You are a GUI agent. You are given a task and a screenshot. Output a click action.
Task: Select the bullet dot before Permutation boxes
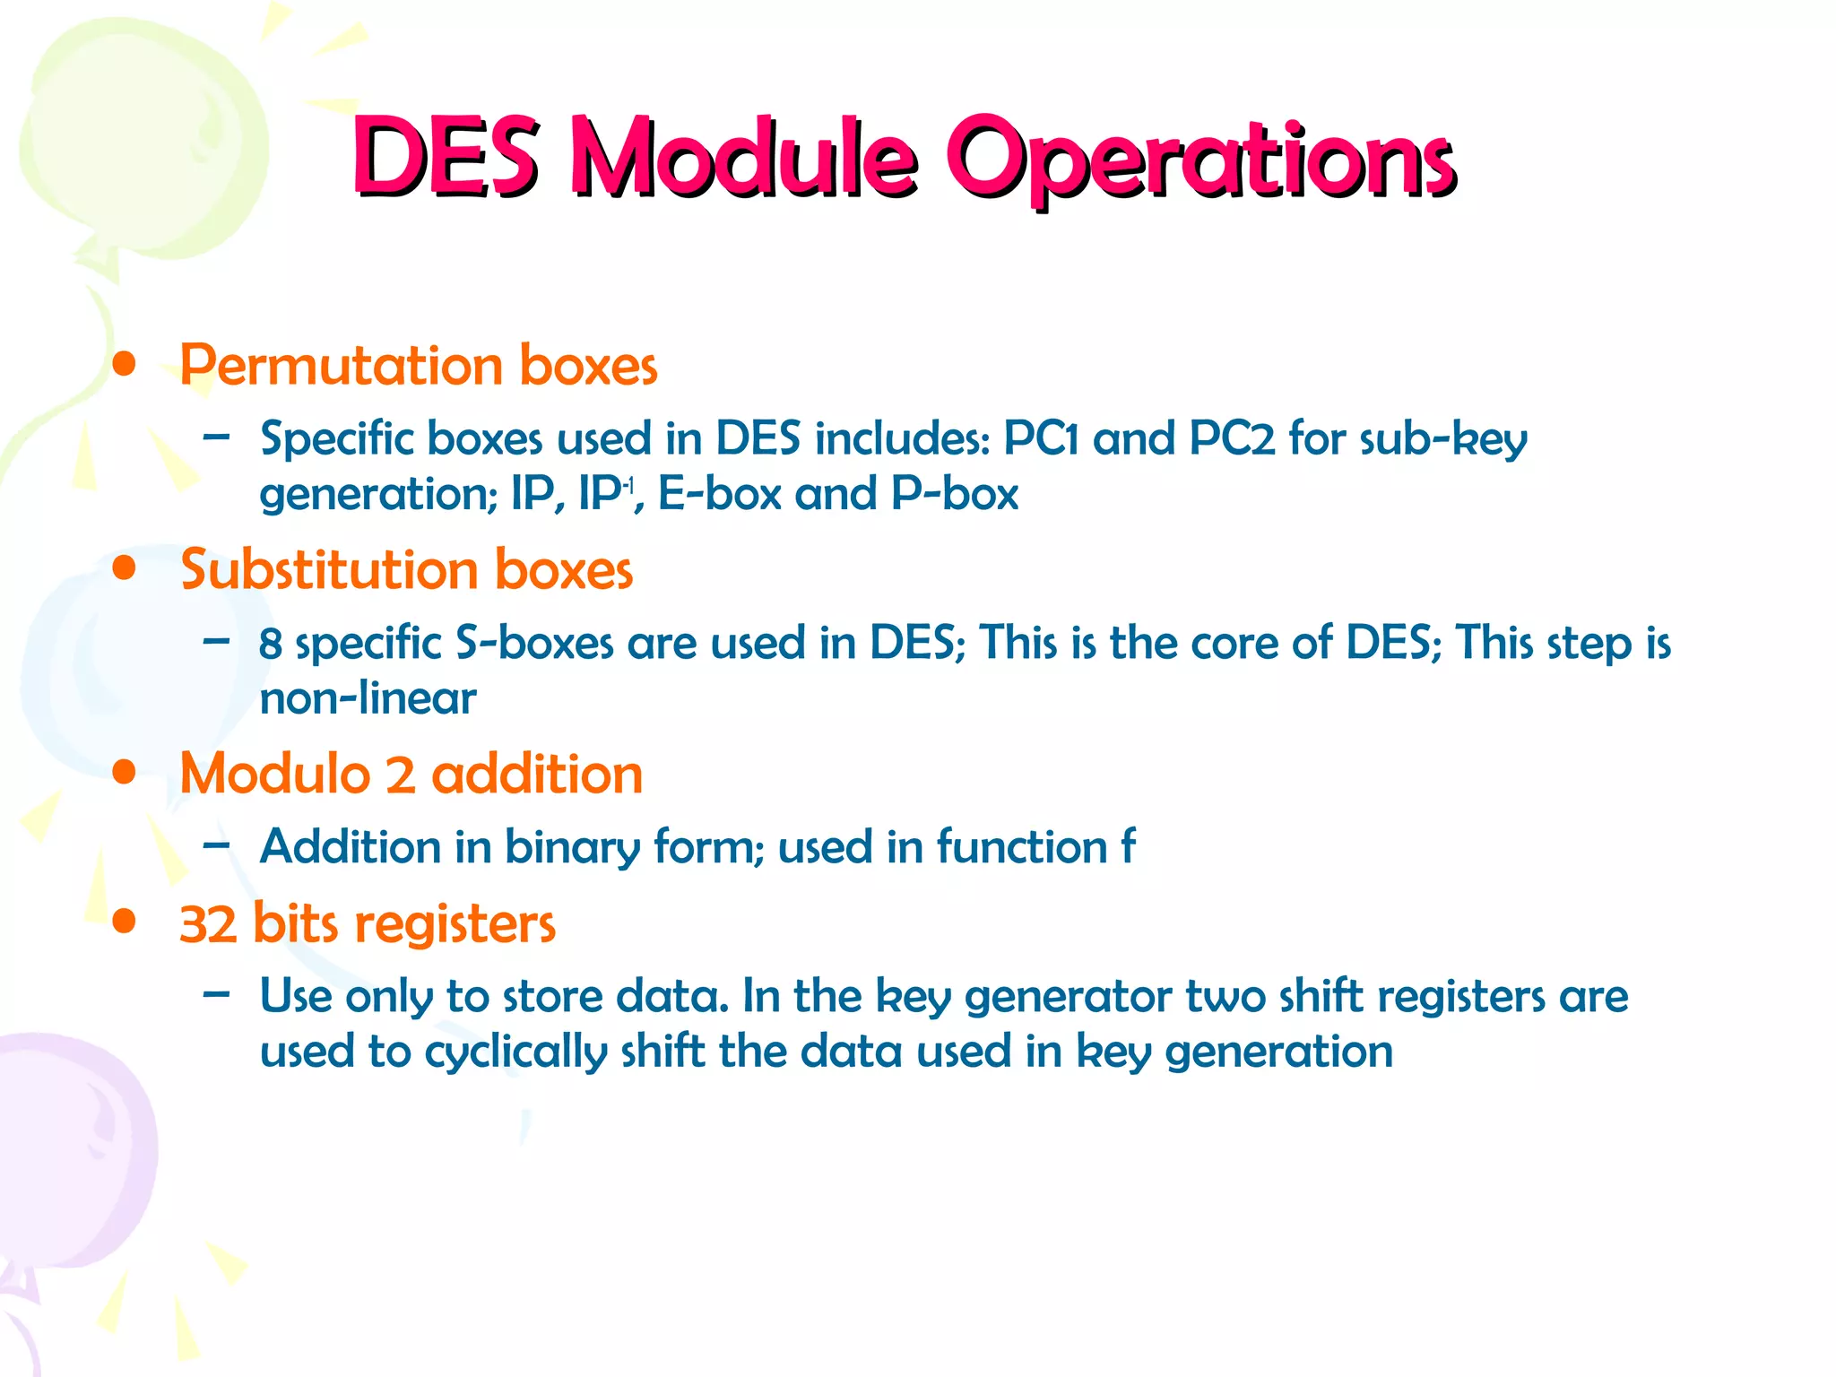[x=125, y=365]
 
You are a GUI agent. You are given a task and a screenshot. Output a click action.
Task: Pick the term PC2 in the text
[x=1231, y=439]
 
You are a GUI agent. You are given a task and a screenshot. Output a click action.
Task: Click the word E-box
[x=719, y=494]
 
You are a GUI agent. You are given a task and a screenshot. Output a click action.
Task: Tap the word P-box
[x=955, y=494]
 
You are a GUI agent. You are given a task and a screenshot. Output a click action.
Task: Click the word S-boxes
[x=534, y=643]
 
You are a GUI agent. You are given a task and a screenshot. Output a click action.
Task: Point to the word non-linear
[x=368, y=698]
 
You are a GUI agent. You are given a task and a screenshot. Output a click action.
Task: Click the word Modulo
[x=274, y=774]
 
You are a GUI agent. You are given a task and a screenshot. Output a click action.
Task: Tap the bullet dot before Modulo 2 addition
[x=125, y=773]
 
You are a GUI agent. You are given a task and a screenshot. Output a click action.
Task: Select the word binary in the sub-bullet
[x=572, y=848]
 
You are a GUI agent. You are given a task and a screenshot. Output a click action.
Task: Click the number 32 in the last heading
[x=207, y=924]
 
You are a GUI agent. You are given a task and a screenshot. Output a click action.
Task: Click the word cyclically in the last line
[x=515, y=1052]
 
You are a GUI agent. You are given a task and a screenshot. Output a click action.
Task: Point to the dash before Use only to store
[x=216, y=994]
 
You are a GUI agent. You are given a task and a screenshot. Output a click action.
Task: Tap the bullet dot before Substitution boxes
[x=125, y=568]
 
